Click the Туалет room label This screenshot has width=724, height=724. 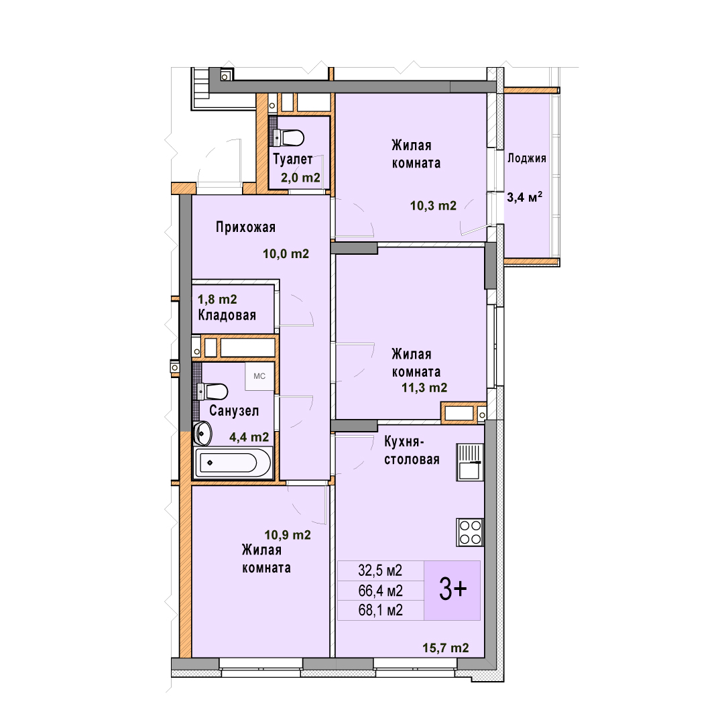(293, 159)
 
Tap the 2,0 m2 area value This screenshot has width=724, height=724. (300, 177)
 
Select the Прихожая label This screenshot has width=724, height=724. (245, 227)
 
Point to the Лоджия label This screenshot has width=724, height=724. (526, 158)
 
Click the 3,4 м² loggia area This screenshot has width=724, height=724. (524, 197)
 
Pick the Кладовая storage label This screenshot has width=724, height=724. (227, 315)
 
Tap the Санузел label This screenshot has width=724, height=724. (234, 410)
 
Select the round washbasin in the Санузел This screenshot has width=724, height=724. (202, 433)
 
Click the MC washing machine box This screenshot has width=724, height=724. (259, 376)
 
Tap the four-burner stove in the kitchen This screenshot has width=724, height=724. (470, 532)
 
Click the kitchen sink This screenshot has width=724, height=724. (469, 462)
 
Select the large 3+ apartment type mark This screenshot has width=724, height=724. (452, 590)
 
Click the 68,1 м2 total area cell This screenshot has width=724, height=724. (381, 611)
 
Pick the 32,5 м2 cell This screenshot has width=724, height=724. (381, 570)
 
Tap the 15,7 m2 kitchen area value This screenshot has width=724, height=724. (446, 648)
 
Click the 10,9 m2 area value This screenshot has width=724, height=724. (288, 535)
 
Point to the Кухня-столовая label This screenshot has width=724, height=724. (412, 450)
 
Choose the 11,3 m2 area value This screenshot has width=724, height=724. (424, 387)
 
